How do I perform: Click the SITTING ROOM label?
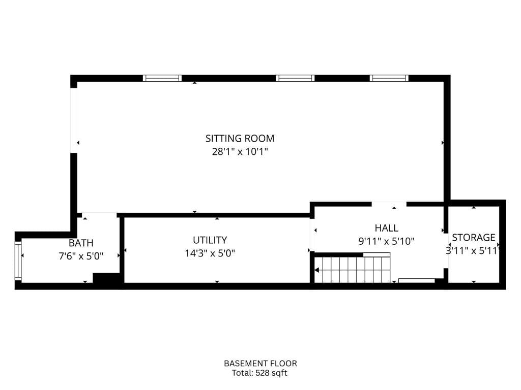point(240,138)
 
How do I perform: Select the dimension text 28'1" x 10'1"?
point(240,151)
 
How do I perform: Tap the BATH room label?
point(81,243)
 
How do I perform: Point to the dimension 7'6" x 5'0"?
point(81,256)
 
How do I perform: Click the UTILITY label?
point(210,240)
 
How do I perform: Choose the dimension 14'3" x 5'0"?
point(210,253)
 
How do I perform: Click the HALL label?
point(386,228)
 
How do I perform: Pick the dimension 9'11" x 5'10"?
point(386,241)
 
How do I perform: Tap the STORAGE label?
point(473,237)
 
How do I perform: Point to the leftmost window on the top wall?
point(162,78)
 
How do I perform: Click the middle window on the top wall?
point(295,78)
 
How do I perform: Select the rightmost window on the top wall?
point(389,78)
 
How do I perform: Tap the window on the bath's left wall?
point(18,261)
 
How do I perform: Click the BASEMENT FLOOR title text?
point(260,364)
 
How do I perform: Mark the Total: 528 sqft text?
point(260,373)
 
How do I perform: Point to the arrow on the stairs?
point(317,270)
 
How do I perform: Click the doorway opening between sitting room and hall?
point(389,204)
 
